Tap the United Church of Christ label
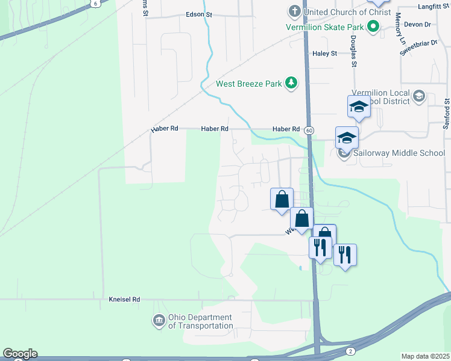[344, 12]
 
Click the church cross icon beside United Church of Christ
[294, 11]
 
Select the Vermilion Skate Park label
[326, 27]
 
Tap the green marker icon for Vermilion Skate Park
[373, 26]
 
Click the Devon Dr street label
[419, 25]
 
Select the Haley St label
[324, 54]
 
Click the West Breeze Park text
[249, 84]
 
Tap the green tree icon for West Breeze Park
[291, 83]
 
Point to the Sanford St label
[447, 111]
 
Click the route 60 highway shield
[309, 130]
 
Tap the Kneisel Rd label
[124, 299]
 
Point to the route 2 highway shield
[350, 351]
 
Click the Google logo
[20, 354]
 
